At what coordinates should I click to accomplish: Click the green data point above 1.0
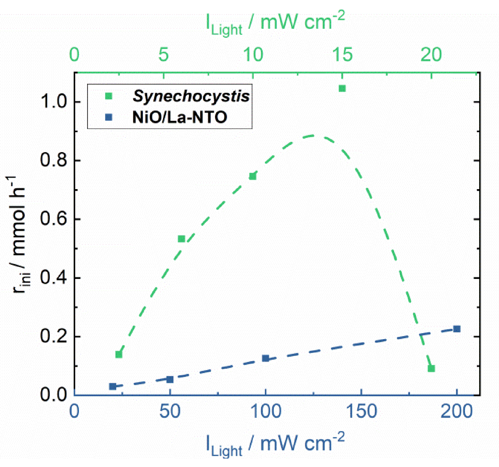(342, 88)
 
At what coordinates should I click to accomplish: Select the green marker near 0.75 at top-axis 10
(253, 176)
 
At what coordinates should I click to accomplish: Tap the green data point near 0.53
(181, 239)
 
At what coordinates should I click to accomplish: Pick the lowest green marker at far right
(431, 368)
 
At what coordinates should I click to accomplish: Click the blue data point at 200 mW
(457, 329)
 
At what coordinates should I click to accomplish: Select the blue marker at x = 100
(265, 358)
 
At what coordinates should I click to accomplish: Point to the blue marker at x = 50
(170, 379)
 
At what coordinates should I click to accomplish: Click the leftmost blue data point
(112, 386)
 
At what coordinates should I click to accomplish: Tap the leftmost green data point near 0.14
(119, 354)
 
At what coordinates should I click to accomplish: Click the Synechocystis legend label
(191, 96)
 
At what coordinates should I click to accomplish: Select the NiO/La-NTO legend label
(180, 117)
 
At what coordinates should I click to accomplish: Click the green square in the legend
(109, 96)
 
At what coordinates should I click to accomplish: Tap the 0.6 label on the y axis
(53, 219)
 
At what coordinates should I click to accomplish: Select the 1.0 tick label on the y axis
(53, 102)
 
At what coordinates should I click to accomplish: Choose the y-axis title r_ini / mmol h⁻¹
(19, 234)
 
